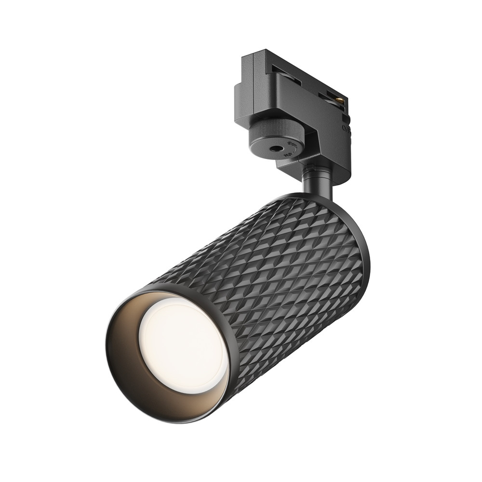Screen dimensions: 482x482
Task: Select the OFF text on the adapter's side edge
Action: pyautogui.click(x=346, y=128)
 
